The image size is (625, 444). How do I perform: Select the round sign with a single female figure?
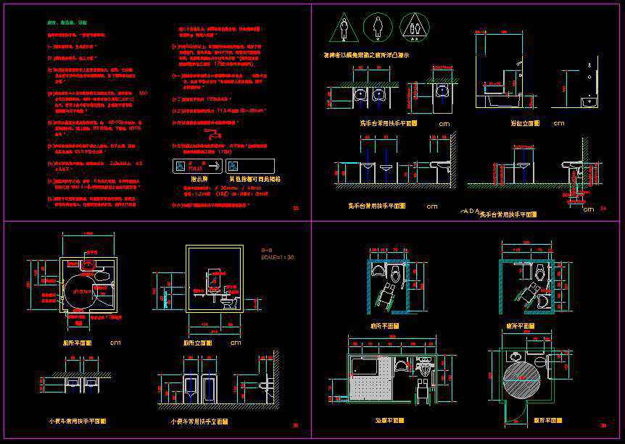(378, 27)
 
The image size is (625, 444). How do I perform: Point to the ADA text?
(471, 211)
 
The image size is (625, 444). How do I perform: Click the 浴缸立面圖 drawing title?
(525, 124)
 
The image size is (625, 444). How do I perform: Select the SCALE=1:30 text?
(278, 257)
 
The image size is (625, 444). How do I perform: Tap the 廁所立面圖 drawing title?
(197, 342)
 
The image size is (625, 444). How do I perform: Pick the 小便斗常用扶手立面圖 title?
(199, 421)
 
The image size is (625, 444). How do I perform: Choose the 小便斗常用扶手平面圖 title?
(78, 421)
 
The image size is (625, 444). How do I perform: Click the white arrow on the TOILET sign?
(217, 166)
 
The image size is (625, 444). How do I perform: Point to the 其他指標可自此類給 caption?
(254, 178)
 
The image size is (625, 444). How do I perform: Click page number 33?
(295, 209)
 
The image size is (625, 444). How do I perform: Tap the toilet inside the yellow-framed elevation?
(230, 302)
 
